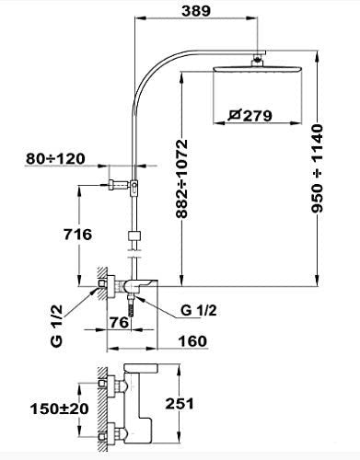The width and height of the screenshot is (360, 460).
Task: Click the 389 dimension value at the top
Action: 196,11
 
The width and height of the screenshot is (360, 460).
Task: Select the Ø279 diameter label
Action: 250,116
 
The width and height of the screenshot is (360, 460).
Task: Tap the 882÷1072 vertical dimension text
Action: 181,178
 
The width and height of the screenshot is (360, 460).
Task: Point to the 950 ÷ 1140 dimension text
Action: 318,168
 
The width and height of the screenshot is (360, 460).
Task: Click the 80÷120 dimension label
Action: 55,159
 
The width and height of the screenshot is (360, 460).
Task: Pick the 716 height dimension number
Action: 77,235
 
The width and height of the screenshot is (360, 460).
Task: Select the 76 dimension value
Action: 119,323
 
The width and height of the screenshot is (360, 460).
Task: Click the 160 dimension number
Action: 192,341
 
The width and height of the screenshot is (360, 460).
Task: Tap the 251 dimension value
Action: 180,404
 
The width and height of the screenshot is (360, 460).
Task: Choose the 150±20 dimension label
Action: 60,408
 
